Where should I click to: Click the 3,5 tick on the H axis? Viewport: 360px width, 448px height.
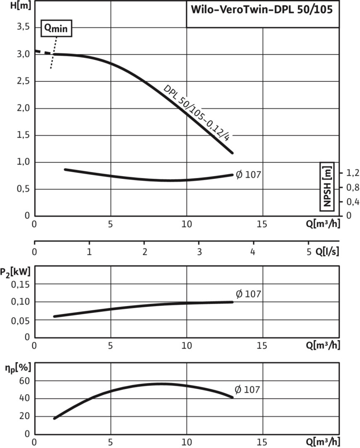(x=22, y=27)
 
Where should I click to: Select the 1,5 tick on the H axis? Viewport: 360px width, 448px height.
(x=22, y=135)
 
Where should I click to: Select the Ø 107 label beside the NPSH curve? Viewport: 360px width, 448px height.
(x=248, y=174)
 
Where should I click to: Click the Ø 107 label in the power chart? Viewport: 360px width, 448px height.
(x=248, y=294)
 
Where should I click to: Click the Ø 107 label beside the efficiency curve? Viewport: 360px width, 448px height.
(x=248, y=390)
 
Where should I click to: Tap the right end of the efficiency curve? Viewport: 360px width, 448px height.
(x=232, y=397)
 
